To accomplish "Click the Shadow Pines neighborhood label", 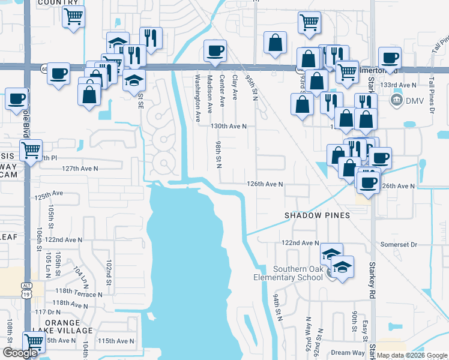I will [x=317, y=215].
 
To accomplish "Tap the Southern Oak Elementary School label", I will [x=297, y=273].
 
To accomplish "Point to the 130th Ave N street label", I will [x=229, y=127].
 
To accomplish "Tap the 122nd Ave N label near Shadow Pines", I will [x=301, y=243].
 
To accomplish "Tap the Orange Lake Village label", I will [x=69, y=326].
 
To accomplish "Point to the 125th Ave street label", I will [x=49, y=196].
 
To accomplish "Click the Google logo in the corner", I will [x=20, y=353].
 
